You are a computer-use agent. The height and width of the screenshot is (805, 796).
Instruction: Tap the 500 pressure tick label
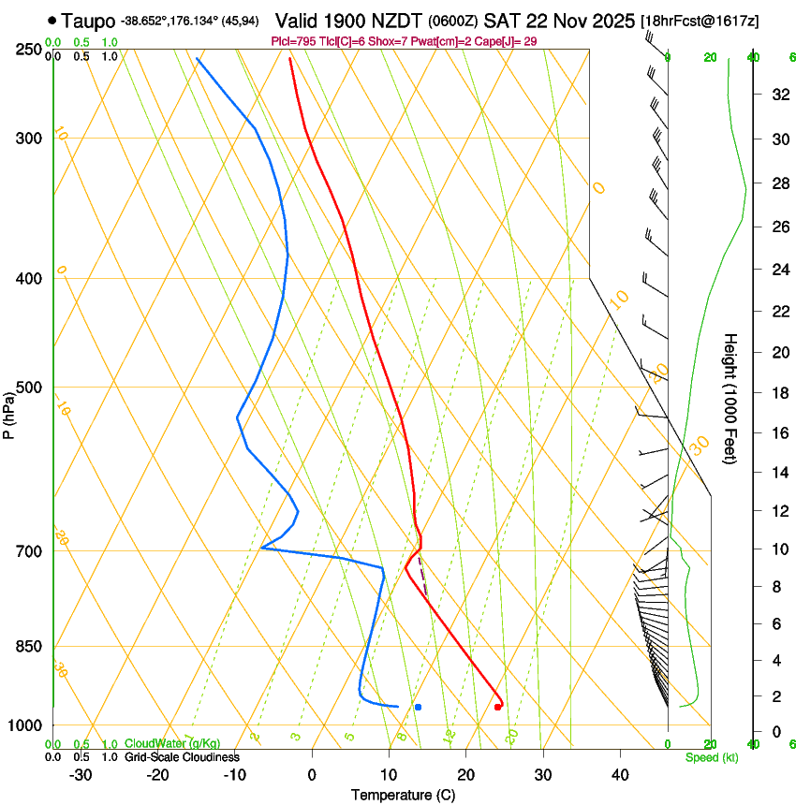(x=28, y=388)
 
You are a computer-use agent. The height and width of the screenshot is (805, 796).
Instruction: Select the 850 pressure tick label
(x=28, y=646)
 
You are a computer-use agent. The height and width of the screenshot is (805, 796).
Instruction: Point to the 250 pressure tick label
(x=28, y=50)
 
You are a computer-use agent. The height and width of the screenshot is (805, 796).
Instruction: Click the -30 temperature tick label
(x=81, y=775)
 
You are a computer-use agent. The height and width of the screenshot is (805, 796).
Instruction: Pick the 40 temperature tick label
(x=620, y=775)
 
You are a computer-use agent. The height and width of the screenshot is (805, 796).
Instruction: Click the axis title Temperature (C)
(x=403, y=795)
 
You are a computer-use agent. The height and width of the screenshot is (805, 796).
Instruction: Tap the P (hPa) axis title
(x=9, y=413)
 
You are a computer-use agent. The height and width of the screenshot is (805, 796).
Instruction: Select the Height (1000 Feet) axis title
(x=730, y=398)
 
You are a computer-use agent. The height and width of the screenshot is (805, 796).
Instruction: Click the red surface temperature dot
(x=497, y=707)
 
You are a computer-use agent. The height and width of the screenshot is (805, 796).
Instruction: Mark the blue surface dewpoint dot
(x=418, y=707)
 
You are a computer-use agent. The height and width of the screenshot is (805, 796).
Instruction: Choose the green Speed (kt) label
(x=711, y=757)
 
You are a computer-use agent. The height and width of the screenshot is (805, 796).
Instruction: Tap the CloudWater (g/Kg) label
(x=158, y=744)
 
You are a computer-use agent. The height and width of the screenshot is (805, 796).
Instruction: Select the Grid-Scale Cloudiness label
(x=182, y=756)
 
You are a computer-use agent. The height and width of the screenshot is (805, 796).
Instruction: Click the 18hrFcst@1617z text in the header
(x=700, y=21)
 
